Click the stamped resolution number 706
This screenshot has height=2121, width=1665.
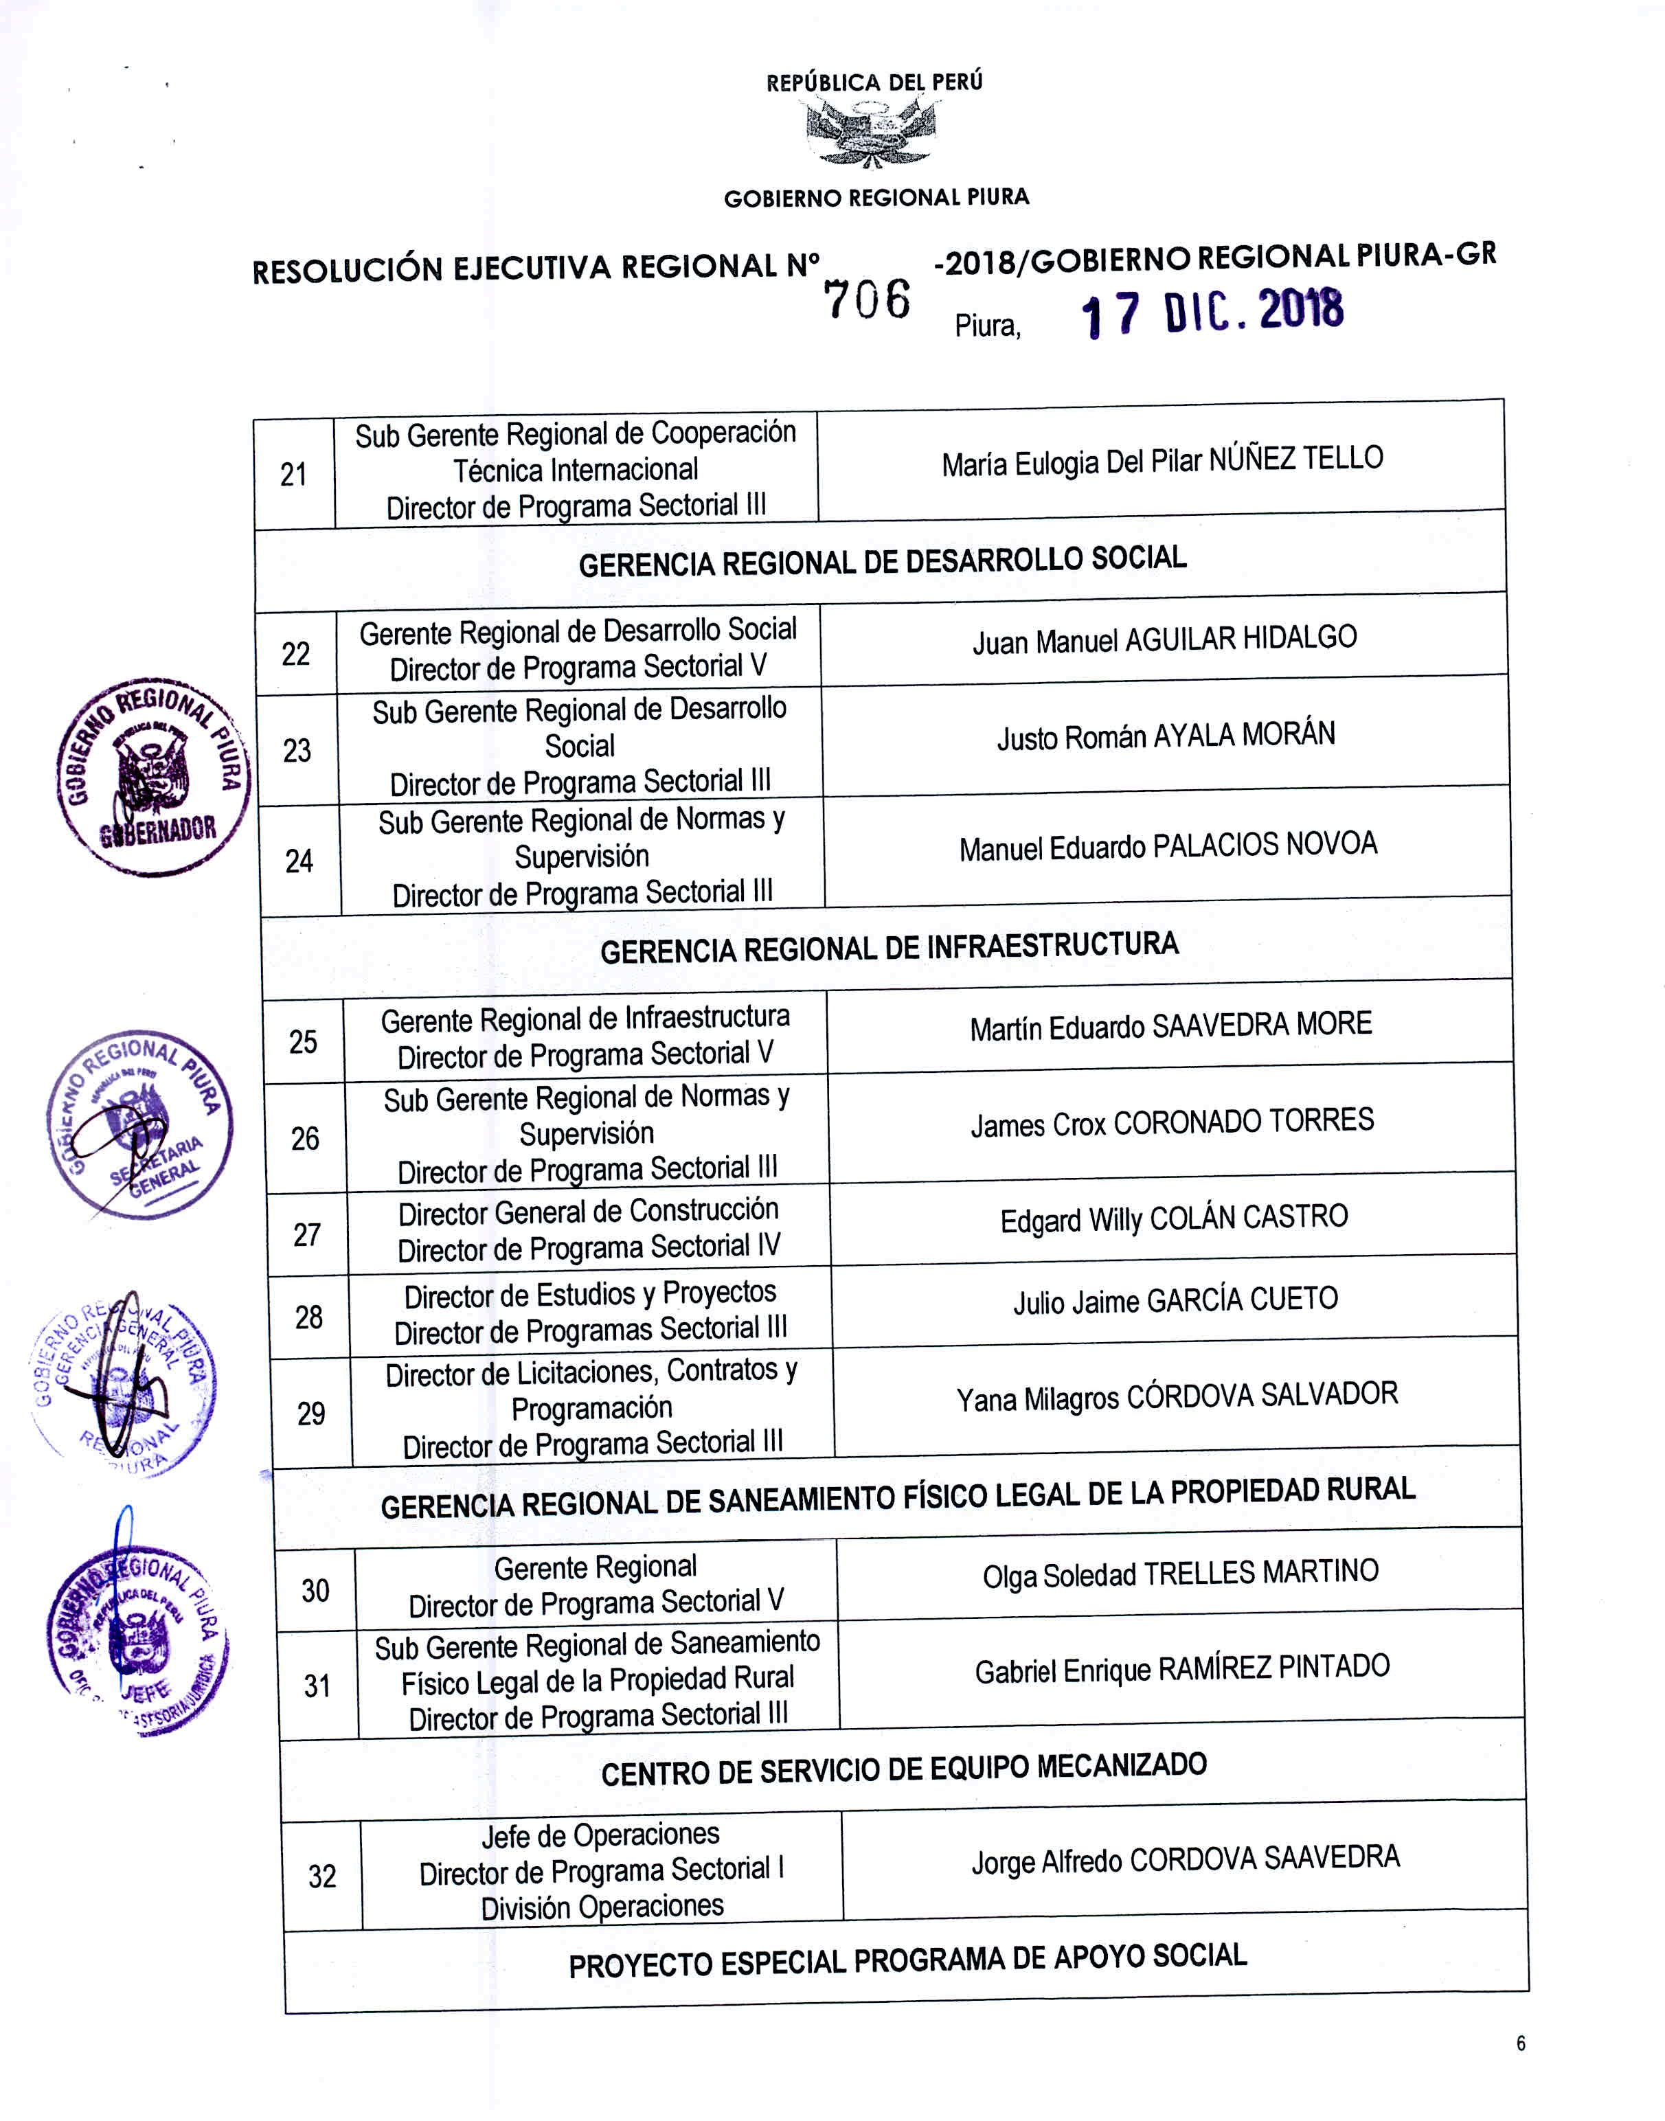[867, 299]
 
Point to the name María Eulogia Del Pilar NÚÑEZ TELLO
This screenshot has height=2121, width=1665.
[1162, 460]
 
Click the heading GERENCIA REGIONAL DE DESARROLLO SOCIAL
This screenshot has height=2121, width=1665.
[882, 561]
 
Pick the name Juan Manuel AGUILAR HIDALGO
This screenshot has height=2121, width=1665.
[1164, 639]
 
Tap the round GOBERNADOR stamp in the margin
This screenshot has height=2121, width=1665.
[153, 777]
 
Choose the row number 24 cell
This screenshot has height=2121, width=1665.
[299, 861]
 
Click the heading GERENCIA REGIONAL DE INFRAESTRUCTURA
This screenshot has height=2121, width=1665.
[889, 947]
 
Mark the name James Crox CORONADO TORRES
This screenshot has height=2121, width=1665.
[1172, 1123]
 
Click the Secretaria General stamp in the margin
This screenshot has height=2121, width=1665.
[139, 1125]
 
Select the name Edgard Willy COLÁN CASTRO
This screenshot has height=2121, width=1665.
[1174, 1218]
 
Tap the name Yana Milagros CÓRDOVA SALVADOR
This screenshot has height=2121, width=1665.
[1177, 1397]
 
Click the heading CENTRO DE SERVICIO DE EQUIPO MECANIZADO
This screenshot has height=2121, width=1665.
[904, 1769]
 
